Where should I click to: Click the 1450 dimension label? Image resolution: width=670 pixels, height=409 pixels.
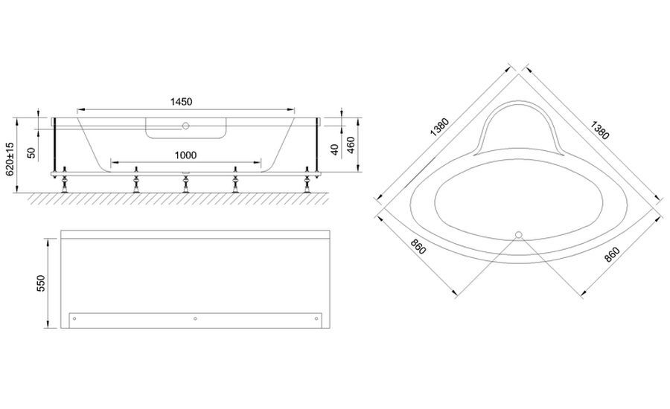(181, 102)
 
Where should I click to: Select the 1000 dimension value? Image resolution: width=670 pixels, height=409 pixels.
(186, 155)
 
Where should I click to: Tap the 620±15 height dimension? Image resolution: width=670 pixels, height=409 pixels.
(10, 158)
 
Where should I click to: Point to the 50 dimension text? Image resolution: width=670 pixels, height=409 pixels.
(31, 152)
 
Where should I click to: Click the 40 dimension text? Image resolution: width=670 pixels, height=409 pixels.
(335, 149)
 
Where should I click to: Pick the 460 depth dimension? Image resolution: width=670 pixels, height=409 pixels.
(351, 145)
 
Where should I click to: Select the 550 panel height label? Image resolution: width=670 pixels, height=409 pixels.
(41, 283)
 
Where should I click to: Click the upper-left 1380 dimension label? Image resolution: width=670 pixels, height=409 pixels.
(440, 127)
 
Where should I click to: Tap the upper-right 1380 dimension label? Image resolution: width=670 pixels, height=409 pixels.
(599, 130)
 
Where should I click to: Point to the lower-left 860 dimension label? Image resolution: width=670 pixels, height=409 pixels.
(418, 246)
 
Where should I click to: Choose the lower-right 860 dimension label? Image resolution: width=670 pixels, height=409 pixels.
(612, 254)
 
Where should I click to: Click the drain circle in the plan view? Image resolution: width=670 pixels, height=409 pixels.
(519, 234)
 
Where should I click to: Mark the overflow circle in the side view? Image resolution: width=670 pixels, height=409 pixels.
(185, 126)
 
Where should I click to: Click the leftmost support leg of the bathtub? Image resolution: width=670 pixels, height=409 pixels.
(65, 180)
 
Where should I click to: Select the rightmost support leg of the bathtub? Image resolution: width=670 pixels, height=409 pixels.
(307, 180)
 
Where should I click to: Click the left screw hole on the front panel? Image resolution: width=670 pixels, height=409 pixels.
(74, 318)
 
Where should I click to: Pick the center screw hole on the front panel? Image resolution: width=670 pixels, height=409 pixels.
(195, 318)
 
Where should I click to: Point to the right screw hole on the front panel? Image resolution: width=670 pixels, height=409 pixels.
(316, 318)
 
